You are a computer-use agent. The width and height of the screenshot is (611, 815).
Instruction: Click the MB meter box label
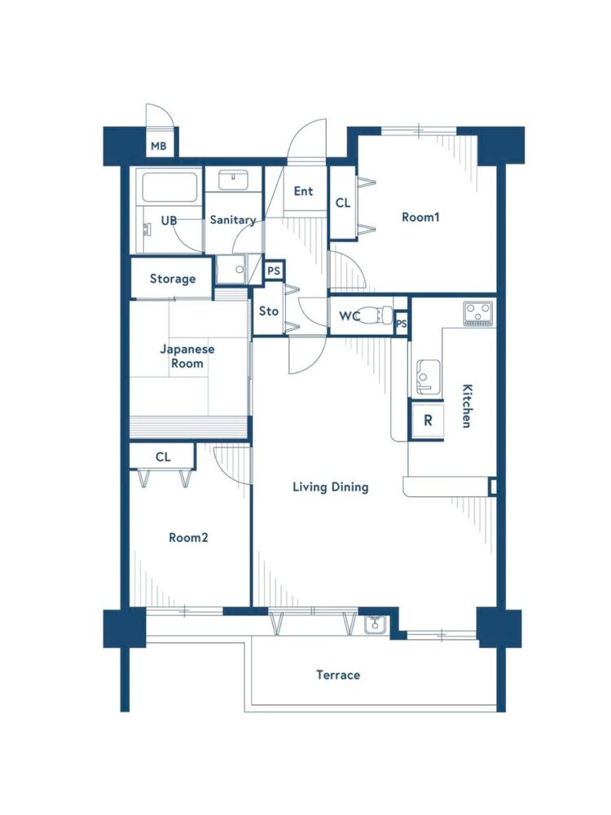pos(159,146)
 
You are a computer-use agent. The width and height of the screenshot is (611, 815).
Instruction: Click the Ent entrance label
pos(303,192)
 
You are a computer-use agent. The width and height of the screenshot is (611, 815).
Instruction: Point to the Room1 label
pos(420,217)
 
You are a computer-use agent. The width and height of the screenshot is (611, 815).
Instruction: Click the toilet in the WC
pos(375,315)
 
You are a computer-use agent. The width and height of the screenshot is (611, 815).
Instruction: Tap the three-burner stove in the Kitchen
pos(478,314)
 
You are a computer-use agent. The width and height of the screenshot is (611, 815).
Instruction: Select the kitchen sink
pos(427,377)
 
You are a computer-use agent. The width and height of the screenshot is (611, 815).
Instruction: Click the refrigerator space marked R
pos(427,420)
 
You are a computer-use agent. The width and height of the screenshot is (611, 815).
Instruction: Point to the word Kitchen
pos(467,406)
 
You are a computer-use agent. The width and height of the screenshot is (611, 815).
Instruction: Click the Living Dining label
pos(331,487)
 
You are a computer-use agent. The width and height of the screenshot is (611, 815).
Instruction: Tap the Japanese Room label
pos(187,356)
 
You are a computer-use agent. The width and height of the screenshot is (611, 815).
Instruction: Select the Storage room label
pos(173,279)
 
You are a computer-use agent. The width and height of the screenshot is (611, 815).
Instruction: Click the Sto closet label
pos(269,311)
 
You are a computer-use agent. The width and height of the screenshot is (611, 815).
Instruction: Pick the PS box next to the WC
pos(401,324)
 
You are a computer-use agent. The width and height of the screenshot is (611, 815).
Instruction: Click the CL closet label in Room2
pos(163,457)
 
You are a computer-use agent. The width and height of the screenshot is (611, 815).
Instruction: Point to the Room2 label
pos(188,537)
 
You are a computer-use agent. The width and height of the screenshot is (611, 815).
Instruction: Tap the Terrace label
pos(338,675)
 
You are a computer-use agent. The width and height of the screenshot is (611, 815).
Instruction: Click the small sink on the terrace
pos(374,625)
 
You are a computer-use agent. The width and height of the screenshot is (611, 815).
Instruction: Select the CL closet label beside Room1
pos(343,203)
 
